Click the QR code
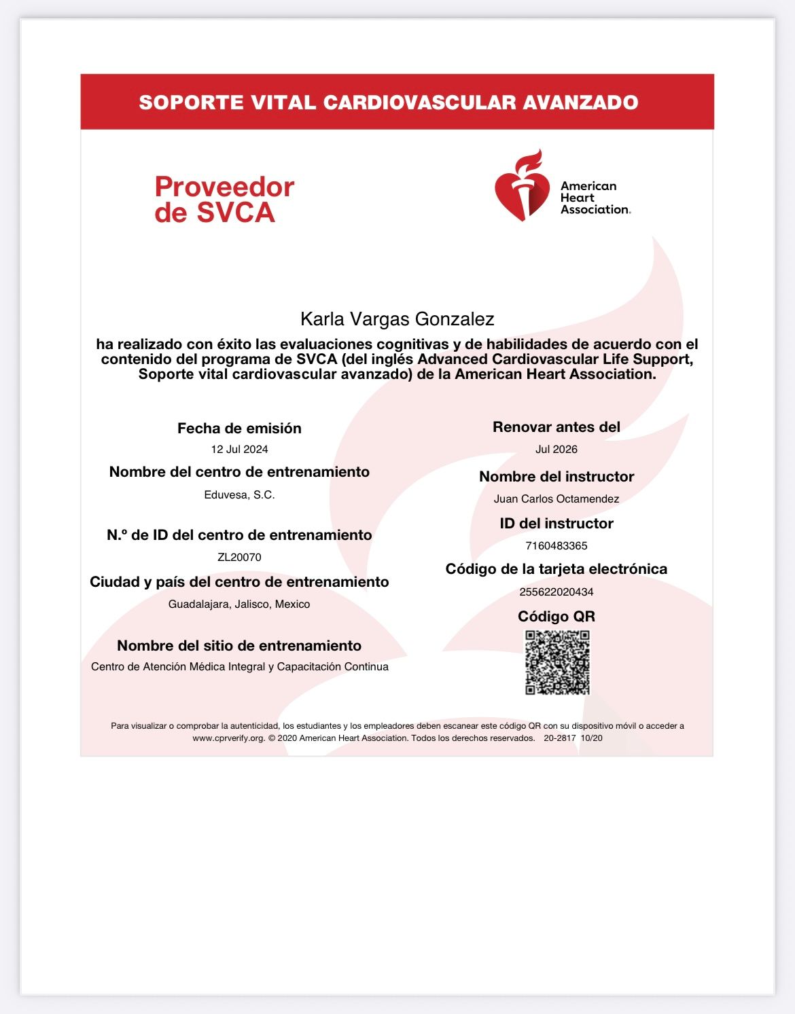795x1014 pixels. (557, 662)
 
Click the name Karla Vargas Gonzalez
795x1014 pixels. (397, 319)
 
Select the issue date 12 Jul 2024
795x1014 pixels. (239, 450)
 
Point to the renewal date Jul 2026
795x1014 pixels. (556, 450)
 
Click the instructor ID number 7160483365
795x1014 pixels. (556, 546)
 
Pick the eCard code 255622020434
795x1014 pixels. (556, 592)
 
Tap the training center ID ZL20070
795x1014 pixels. (239, 558)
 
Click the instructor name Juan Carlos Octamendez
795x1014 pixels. (556, 499)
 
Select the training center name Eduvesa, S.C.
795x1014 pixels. (239, 495)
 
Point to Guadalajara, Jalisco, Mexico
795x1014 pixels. (239, 604)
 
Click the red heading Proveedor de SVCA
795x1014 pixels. (224, 200)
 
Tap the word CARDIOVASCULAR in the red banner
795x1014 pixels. (419, 103)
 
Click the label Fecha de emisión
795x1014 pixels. (239, 429)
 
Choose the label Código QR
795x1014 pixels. (556, 617)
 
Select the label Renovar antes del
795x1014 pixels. (556, 427)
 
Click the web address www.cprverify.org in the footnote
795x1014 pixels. (228, 738)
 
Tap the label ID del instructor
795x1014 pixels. (556, 524)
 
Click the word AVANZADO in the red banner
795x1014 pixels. (580, 103)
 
